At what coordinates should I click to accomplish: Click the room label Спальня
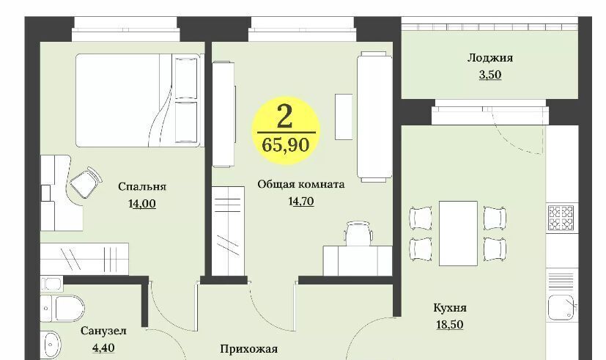[x=142, y=187]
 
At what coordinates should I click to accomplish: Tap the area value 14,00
[x=142, y=204]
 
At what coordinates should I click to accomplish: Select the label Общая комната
[x=300, y=185]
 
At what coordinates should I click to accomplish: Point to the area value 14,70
[x=300, y=202]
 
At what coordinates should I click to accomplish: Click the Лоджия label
[x=490, y=58]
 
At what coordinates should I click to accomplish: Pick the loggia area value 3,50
[x=490, y=75]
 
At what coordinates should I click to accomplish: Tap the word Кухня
[x=449, y=308]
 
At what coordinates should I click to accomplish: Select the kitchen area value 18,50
[x=449, y=324]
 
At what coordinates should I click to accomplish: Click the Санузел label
[x=103, y=331]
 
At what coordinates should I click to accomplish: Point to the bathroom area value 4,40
[x=103, y=348]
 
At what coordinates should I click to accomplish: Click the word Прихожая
[x=248, y=349]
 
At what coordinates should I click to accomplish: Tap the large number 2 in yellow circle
[x=284, y=117]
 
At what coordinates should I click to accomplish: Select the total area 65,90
[x=286, y=145]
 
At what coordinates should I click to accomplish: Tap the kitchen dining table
[x=458, y=234]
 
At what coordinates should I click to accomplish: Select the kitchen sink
[x=562, y=308]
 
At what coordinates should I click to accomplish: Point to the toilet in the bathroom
[x=62, y=309]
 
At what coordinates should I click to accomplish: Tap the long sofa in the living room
[x=374, y=117]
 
